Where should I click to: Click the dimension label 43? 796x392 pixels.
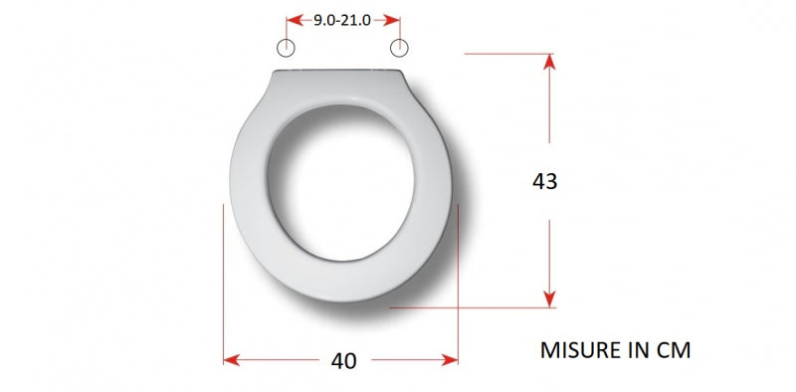pyautogui.click(x=544, y=181)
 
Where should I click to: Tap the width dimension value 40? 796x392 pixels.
pyautogui.click(x=343, y=361)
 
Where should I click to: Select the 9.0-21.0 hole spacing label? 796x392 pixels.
pyautogui.click(x=342, y=20)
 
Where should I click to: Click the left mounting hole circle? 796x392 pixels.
pyautogui.click(x=286, y=48)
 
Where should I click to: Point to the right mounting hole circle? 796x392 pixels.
pyautogui.click(x=399, y=48)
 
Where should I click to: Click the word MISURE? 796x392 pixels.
pyautogui.click(x=578, y=350)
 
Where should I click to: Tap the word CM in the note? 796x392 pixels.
pyautogui.click(x=674, y=350)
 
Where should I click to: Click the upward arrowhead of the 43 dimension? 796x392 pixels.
pyautogui.click(x=549, y=62)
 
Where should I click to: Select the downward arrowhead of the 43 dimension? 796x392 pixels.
pyautogui.click(x=549, y=299)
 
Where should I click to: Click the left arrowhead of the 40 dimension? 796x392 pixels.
pyautogui.click(x=232, y=360)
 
